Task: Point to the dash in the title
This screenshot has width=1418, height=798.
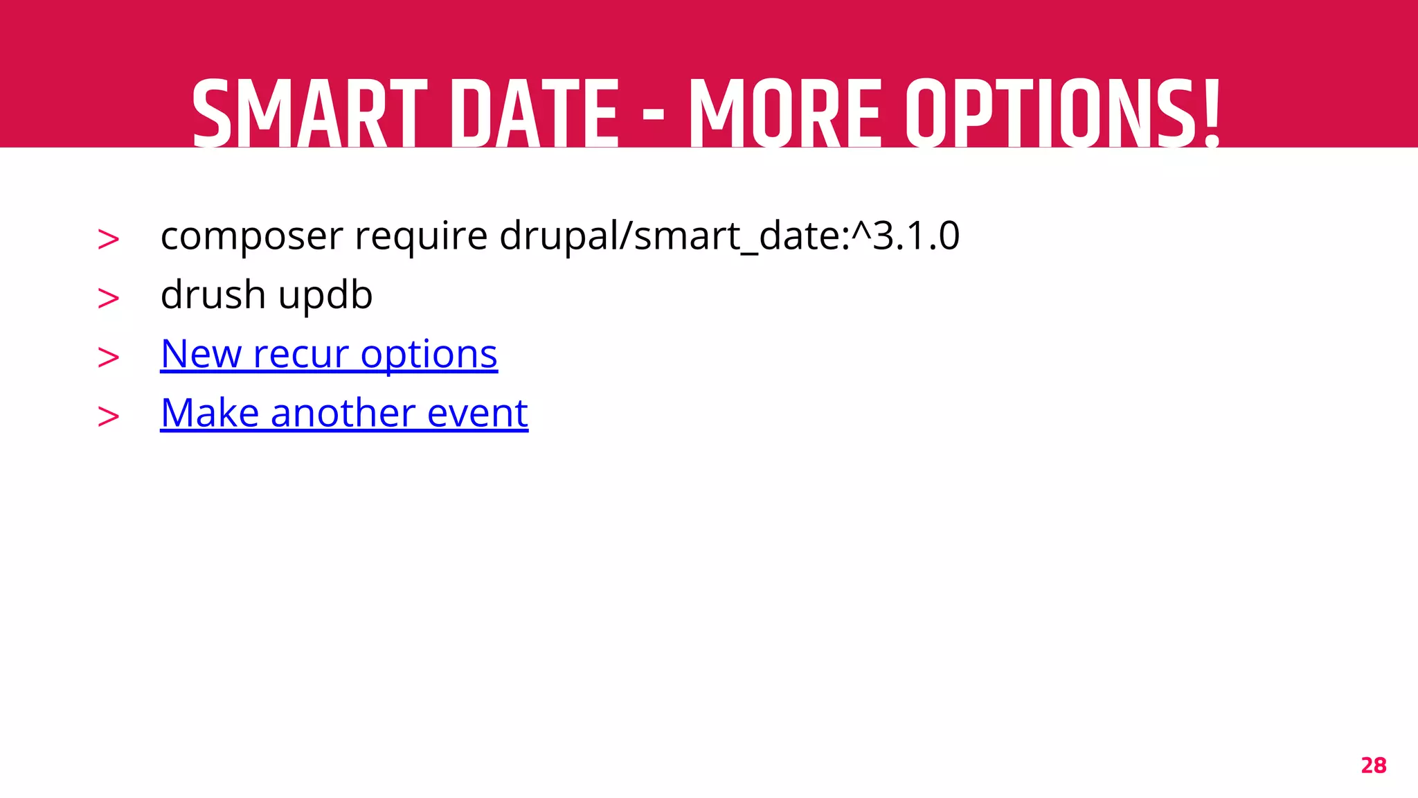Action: click(653, 116)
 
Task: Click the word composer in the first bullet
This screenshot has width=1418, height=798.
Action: click(251, 236)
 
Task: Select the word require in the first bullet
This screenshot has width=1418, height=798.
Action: click(421, 236)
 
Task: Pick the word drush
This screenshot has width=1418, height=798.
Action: click(213, 295)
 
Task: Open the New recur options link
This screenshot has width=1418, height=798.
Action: click(329, 355)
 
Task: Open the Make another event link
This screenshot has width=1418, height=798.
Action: click(344, 414)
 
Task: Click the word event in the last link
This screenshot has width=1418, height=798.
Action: click(478, 414)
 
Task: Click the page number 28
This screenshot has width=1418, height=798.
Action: click(1373, 765)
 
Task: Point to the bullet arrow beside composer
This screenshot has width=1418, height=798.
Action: click(109, 240)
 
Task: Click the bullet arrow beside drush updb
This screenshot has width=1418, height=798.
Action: click(109, 299)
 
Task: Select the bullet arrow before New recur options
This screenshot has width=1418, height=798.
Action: click(109, 357)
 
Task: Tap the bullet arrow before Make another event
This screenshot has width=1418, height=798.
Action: click(109, 416)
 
